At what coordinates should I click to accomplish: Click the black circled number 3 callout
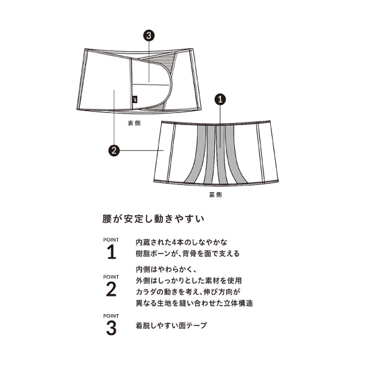[149, 35]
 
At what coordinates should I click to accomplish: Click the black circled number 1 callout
[220, 99]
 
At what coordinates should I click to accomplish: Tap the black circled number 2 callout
[114, 151]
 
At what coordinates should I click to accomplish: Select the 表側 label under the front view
[134, 123]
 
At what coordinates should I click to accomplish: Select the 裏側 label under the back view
[215, 195]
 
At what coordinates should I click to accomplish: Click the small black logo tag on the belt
[135, 99]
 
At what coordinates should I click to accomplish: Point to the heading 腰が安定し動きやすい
[154, 219]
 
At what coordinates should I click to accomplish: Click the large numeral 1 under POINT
[112, 252]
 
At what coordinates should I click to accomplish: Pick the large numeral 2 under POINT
[111, 289]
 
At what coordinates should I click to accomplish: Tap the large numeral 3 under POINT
[111, 328]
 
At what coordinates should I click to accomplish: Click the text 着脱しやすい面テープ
[171, 325]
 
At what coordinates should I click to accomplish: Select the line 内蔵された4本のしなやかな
[182, 243]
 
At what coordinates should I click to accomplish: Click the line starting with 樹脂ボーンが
[188, 254]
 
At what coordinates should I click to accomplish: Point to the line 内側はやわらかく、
[167, 270]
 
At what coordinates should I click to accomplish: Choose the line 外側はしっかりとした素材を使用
[188, 281]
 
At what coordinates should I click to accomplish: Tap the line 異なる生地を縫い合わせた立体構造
[194, 303]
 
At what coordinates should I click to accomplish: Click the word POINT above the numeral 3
[111, 316]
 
